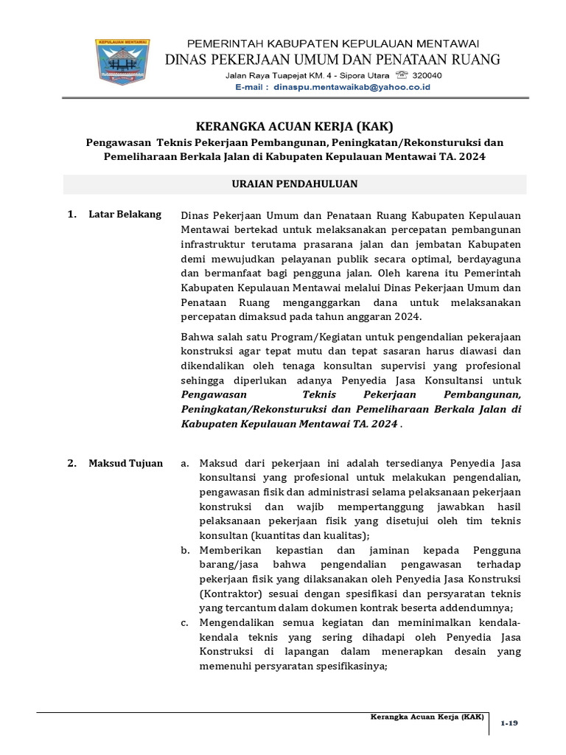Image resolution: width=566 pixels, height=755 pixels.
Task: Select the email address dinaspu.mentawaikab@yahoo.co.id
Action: pos(352,87)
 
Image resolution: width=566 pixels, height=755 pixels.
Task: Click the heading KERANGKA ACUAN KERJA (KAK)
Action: pos(294,126)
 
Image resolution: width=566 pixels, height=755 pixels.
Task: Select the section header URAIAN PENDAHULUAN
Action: pos(294,184)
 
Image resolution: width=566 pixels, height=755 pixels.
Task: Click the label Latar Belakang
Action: pos(125,215)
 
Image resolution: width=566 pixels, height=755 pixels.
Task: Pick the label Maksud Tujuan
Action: pos(125,464)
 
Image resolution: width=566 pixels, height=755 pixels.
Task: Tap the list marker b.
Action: pos(185,551)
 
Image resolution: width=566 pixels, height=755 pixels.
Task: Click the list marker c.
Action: pos(185,623)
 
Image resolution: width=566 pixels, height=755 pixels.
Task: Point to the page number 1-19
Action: pos(509,723)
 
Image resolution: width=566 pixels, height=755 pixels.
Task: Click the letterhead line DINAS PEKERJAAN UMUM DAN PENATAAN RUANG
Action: pos(335,59)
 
